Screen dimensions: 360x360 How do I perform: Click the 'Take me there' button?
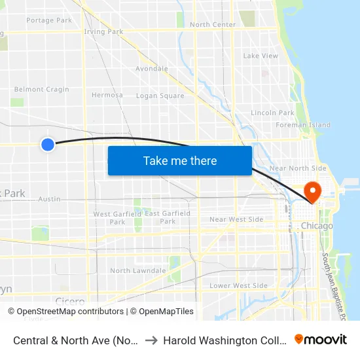(180, 161)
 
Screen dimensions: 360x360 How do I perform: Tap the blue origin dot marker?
(48, 144)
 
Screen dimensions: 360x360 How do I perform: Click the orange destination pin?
(313, 192)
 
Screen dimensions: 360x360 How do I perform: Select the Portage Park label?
(49, 20)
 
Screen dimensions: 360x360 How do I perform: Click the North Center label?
(213, 25)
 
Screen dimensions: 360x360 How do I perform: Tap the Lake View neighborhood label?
(261, 56)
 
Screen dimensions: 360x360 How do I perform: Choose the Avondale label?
(152, 69)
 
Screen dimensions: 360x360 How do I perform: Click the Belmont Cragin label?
(42, 90)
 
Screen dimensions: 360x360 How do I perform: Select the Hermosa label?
(107, 95)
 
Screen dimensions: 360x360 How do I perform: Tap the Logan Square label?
(160, 96)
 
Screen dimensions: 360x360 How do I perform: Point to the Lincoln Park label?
(272, 113)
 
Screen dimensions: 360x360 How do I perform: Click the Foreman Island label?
(303, 125)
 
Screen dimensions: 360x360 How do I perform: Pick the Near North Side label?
(298, 168)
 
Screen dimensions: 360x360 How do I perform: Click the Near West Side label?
(236, 219)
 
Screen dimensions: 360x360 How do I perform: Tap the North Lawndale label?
(138, 271)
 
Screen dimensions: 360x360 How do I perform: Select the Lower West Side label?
(238, 286)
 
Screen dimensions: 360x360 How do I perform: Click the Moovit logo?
(321, 339)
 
